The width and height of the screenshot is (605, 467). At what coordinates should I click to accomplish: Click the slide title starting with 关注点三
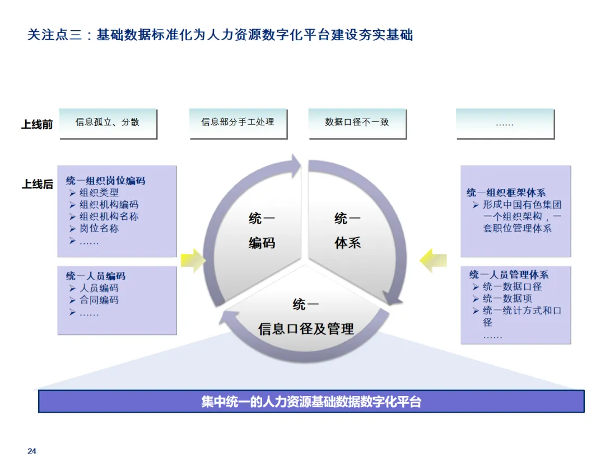[x=220, y=35]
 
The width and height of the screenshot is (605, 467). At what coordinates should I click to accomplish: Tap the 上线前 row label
[x=37, y=124]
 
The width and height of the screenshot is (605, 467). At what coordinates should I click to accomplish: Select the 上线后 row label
[x=37, y=184]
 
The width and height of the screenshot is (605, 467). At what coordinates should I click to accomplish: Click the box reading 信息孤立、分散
[x=108, y=122]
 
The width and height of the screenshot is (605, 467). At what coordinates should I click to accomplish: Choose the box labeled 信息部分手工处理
[x=238, y=122]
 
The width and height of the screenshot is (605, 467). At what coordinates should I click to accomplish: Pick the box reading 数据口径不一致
[x=357, y=122]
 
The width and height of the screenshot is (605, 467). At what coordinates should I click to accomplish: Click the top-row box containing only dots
[x=504, y=123]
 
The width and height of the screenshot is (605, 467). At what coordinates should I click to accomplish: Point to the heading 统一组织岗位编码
[x=105, y=181]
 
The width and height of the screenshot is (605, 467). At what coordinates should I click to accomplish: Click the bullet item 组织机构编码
[x=109, y=205]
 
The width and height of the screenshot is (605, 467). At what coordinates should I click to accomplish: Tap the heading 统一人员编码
[x=95, y=276]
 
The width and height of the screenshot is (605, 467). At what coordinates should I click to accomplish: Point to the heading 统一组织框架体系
[x=506, y=192]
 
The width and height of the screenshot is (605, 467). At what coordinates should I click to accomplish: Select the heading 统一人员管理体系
[x=509, y=275]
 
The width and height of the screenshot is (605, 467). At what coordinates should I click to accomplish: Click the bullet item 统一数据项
[x=507, y=299]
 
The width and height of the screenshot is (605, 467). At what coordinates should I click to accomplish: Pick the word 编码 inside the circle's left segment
[x=262, y=243]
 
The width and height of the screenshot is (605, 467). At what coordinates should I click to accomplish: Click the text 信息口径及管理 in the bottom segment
[x=306, y=329]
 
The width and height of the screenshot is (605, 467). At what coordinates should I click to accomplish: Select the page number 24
[x=32, y=451]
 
